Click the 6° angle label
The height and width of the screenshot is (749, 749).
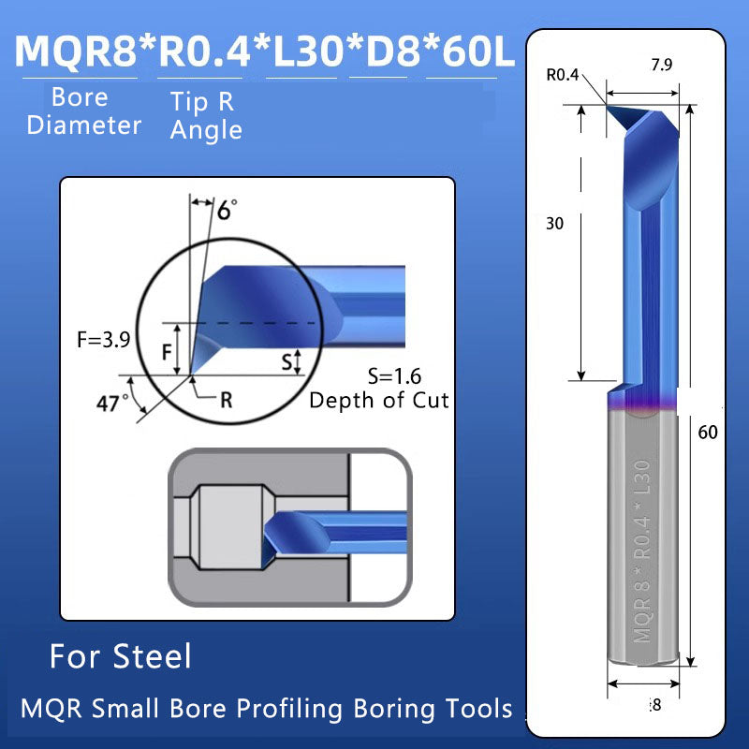(227, 210)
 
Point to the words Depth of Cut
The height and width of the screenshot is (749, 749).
(379, 401)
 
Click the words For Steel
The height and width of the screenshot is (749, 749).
(120, 656)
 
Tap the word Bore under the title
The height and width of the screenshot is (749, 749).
(80, 97)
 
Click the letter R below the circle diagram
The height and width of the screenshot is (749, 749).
(225, 401)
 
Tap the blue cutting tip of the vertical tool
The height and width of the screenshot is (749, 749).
(623, 117)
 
